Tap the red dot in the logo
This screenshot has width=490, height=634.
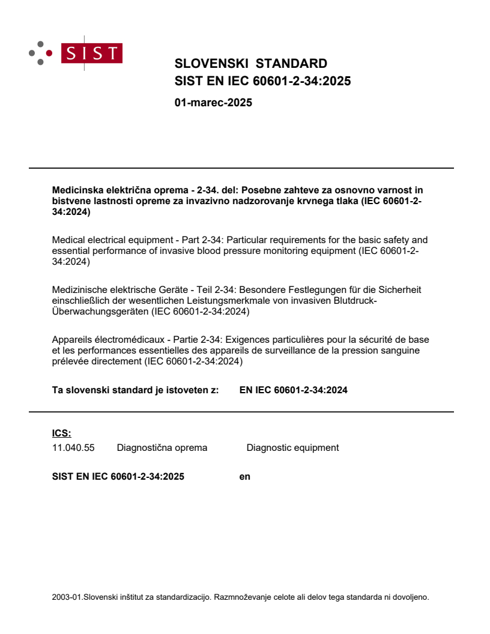pyautogui.click(x=49, y=53)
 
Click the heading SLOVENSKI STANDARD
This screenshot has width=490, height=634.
pyautogui.click(x=250, y=64)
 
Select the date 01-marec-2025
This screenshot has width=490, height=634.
pyautogui.click(x=213, y=103)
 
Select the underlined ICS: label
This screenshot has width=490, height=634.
pyautogui.click(x=61, y=433)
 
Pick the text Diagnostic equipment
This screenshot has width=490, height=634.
pyautogui.click(x=292, y=448)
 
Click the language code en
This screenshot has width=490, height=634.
pyautogui.click(x=245, y=477)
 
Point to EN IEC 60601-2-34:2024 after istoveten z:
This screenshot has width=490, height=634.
pyautogui.click(x=293, y=390)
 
